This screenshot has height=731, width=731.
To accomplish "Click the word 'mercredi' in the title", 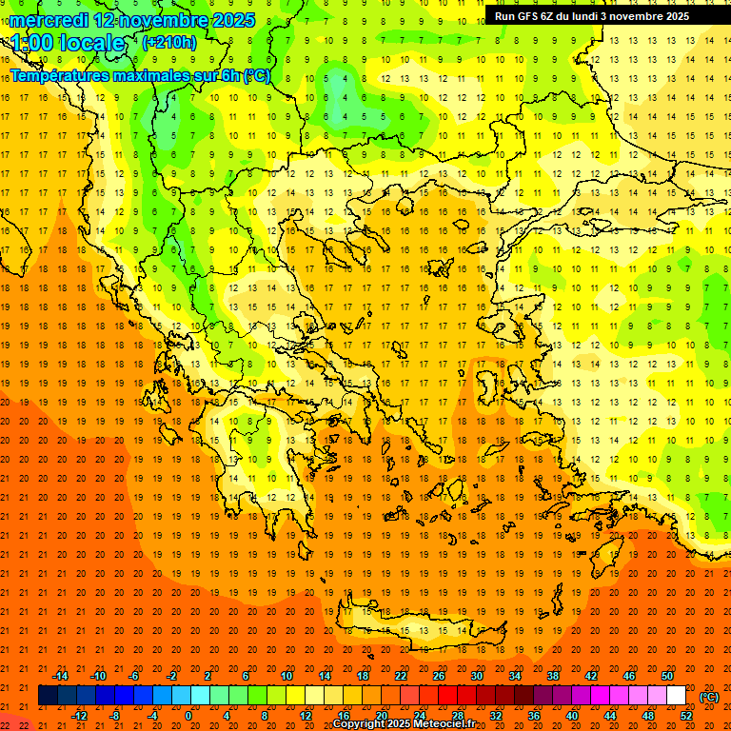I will point(49,20).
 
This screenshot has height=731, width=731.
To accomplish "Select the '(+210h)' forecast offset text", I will point(169,43).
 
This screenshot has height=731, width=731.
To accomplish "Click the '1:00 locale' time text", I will point(69,43).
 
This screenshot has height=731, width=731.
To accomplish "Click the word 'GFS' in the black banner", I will point(530,16).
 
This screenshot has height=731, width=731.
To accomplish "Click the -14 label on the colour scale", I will point(60,676).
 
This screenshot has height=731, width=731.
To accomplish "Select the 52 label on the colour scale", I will point(686,716).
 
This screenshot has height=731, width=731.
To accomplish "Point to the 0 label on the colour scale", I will point(188,716).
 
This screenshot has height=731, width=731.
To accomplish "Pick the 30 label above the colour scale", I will point(476,676).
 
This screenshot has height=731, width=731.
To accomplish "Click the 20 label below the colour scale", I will point(381,716).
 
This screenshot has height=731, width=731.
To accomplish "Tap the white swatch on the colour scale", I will point(676,696).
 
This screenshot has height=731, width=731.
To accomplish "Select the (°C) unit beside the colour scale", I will point(709,697).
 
